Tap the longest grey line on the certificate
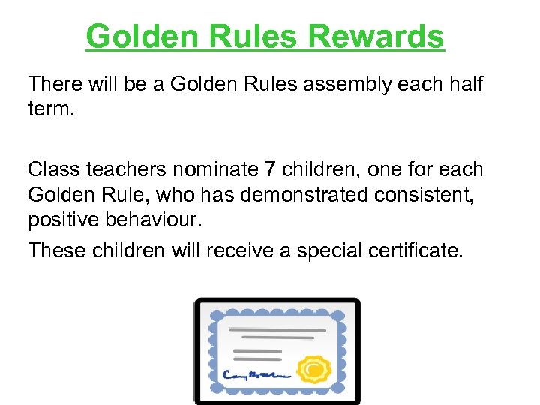tap(277, 328)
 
